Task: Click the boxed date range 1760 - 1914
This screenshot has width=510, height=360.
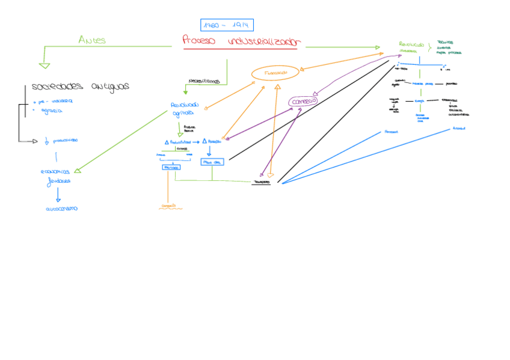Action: point(227,25)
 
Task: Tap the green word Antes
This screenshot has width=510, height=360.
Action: point(92,40)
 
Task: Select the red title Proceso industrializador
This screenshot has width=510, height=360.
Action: point(241,41)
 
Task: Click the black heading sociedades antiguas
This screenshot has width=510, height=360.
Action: point(80,87)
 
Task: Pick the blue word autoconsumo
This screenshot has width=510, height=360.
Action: point(62,209)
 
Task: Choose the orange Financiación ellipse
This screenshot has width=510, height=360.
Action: point(275,73)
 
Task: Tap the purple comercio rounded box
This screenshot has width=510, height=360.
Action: point(303,102)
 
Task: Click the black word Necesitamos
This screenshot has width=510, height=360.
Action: point(204,81)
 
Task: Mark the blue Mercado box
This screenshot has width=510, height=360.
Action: point(171,167)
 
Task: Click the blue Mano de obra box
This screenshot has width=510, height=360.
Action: point(213,162)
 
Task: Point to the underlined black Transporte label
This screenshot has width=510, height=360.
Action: point(261,181)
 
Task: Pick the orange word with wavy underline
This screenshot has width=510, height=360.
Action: point(169,206)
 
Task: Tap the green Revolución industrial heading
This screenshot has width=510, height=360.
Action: point(411,46)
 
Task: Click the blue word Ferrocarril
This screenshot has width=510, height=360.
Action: point(392,131)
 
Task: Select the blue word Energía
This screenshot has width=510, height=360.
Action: point(419,101)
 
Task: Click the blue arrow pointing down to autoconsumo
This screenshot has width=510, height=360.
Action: point(58,195)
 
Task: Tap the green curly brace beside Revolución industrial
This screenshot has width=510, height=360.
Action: point(430,47)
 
